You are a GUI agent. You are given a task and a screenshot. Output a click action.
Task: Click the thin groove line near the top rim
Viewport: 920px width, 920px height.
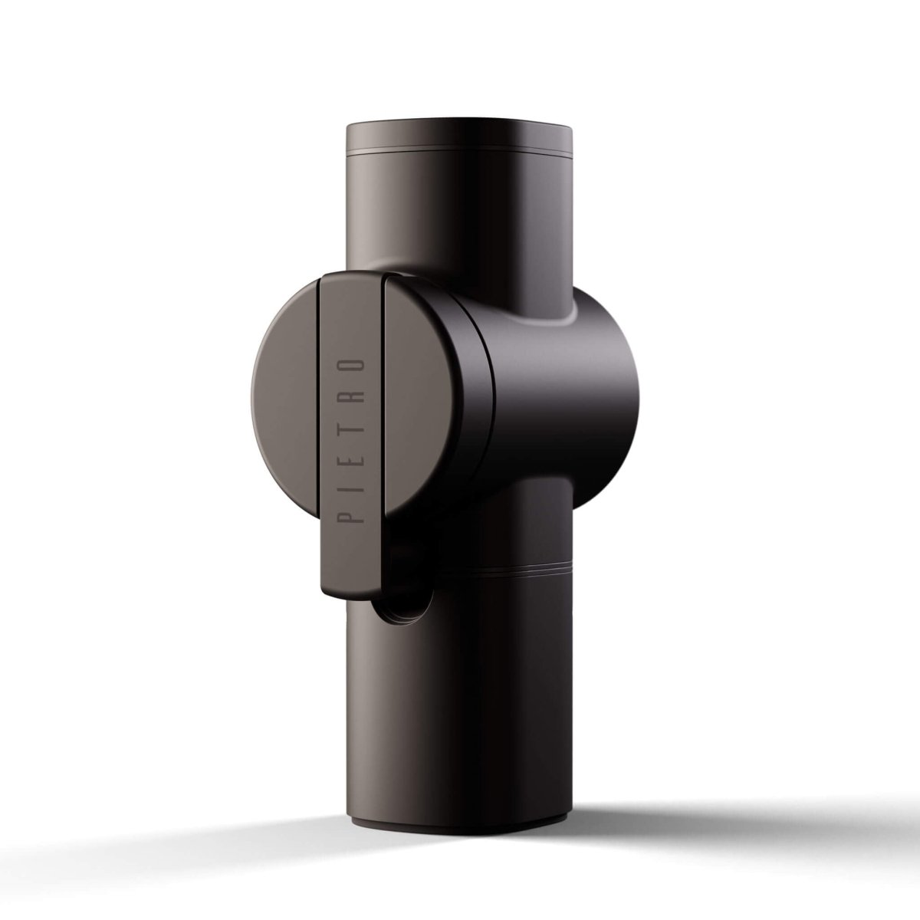pyautogui.click(x=460, y=155)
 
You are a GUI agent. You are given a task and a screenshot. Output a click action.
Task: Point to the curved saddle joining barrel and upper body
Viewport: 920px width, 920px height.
pyautogui.click(x=537, y=310)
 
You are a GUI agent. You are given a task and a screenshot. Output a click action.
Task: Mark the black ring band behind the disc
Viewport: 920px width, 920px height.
pyautogui.click(x=479, y=429)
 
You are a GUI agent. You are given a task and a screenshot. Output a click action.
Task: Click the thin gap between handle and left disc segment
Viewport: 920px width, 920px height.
pyautogui.click(x=317, y=429)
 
